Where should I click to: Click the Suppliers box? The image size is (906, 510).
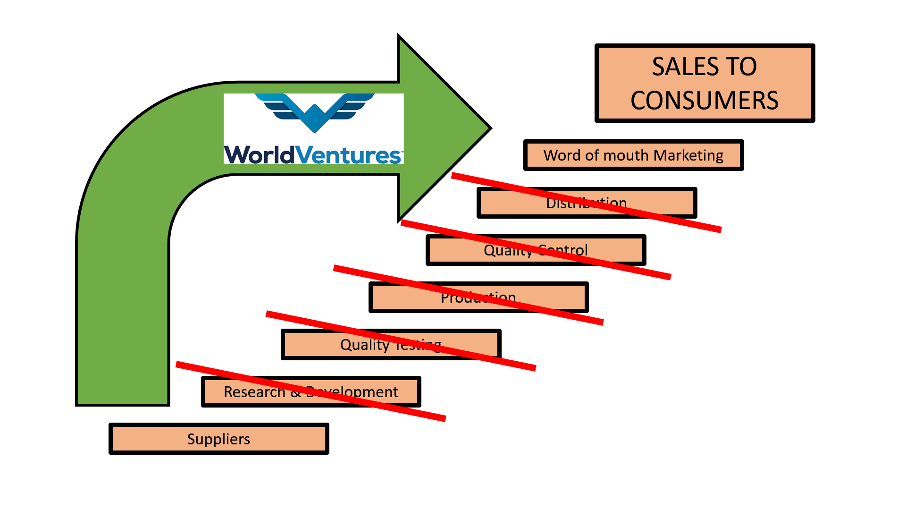218,439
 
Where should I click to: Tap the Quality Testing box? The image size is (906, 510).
311,345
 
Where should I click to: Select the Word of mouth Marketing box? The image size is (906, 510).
633,155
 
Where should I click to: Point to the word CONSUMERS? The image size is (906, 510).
705,101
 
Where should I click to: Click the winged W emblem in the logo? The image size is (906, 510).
315,112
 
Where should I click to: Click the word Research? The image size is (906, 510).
254,392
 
